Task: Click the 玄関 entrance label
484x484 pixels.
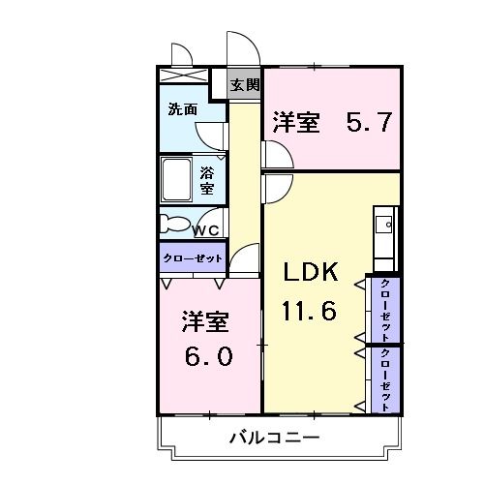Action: [245, 84]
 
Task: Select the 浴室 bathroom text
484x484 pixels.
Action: [207, 179]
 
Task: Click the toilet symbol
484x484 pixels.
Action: [175, 224]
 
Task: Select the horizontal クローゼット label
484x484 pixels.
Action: [193, 258]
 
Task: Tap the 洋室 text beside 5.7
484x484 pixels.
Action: [296, 123]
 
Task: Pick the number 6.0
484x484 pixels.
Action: [208, 355]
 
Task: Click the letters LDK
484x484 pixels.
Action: [311, 274]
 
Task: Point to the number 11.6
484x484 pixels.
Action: [311, 312]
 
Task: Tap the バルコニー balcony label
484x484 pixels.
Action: [274, 438]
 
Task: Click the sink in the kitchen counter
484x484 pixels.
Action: [385, 227]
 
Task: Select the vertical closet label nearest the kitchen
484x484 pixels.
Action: [385, 308]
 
